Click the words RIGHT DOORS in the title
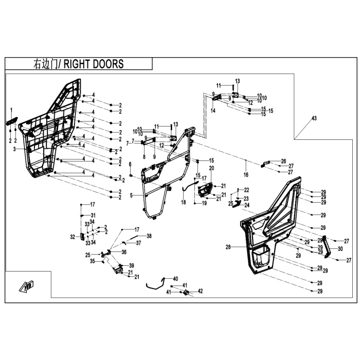tap(94, 64)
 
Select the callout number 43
tap(314, 118)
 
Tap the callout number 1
tap(11, 110)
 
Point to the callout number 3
tap(14, 149)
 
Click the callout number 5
tap(131, 195)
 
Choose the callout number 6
tap(130, 164)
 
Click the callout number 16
tap(246, 175)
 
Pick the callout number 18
tap(184, 202)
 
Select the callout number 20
tap(211, 168)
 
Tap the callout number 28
tap(228, 247)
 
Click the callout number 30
tap(340, 249)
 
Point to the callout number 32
tap(73, 237)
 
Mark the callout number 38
tap(149, 236)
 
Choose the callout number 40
tap(175, 279)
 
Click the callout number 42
tap(200, 291)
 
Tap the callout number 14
tap(213, 111)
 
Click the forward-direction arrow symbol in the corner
tap(26, 286)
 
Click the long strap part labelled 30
tap(327, 247)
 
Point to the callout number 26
tap(283, 161)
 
